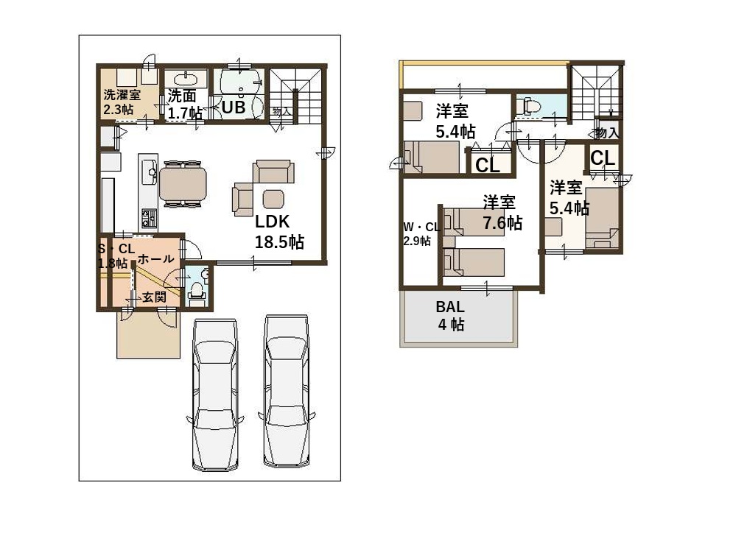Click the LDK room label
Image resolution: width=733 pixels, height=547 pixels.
(x=272, y=222)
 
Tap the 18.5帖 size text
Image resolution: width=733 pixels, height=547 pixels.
(x=279, y=242)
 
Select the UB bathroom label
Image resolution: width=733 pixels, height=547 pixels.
(x=234, y=107)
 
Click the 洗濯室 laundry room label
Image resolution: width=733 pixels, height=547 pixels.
(x=122, y=95)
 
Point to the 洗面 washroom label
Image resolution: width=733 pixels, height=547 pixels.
(x=181, y=96)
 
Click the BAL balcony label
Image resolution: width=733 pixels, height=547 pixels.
(x=450, y=307)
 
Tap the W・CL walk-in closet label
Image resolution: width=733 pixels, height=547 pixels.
(x=421, y=227)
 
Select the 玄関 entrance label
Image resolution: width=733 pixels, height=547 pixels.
(x=154, y=297)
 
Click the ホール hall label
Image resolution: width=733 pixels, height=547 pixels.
(x=155, y=259)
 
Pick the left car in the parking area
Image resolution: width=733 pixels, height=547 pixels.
(x=215, y=395)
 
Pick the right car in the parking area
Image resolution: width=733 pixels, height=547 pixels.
(x=286, y=392)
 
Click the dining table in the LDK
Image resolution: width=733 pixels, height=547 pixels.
(x=183, y=183)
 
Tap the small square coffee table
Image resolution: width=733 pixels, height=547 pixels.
(x=273, y=199)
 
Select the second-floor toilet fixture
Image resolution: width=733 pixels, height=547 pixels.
(x=529, y=105)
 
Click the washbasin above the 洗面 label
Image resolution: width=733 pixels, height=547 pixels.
(x=186, y=78)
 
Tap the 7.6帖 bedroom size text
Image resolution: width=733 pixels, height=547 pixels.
(x=502, y=223)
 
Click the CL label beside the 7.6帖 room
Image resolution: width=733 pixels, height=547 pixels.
(x=487, y=166)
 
